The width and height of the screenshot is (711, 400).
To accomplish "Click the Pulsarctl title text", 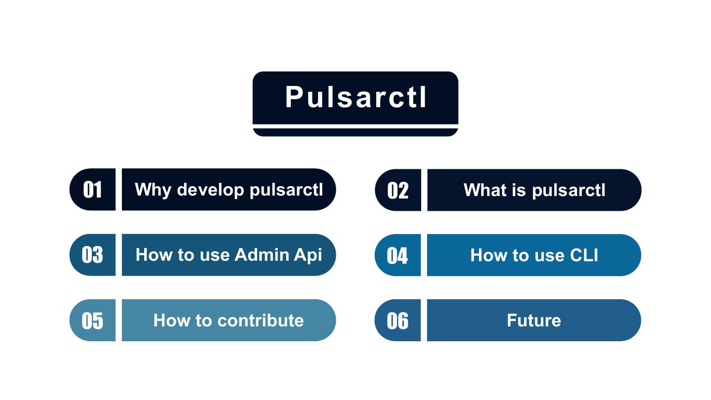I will [x=355, y=97].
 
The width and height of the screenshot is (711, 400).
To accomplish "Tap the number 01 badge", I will [x=93, y=190].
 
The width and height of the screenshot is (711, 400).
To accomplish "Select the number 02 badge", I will [x=398, y=190].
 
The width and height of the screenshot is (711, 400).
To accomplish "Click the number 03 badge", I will [x=93, y=255].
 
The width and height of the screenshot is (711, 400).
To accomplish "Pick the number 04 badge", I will [x=397, y=255].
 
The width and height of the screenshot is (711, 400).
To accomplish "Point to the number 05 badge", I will [x=93, y=320].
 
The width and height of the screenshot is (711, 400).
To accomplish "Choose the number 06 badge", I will [x=397, y=320].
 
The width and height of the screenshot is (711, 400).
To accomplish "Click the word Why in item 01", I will [x=153, y=190].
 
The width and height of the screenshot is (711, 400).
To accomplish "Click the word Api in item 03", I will [x=308, y=255].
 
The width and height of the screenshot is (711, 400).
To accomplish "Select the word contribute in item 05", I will [x=260, y=320].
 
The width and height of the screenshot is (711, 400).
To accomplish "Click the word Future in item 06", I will [x=534, y=320].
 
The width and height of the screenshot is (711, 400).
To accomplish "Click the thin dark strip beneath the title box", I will [x=355, y=132].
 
